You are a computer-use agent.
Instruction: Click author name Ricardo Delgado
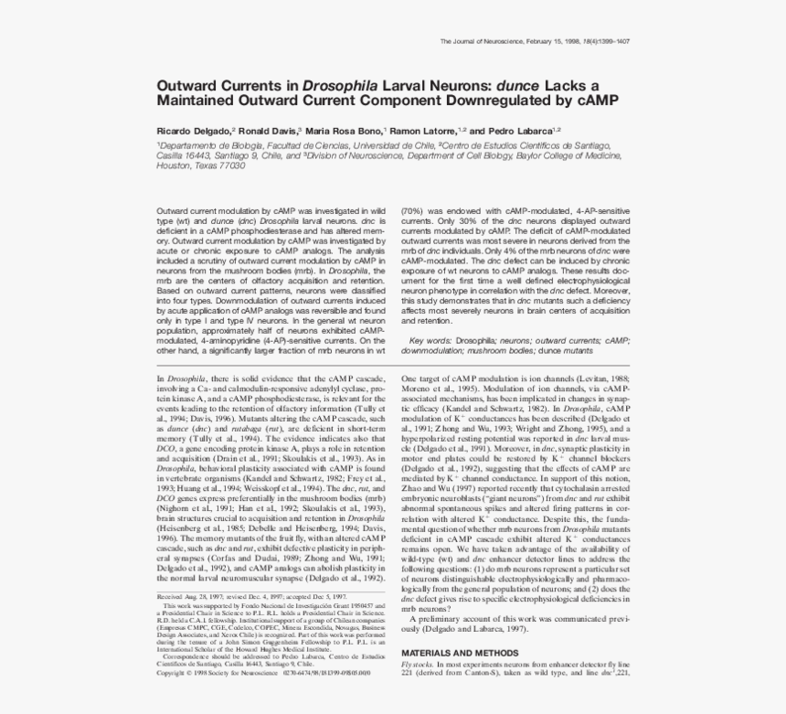pyautogui.click(x=194, y=131)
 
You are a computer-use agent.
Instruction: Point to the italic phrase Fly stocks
pyautogui.click(x=420, y=663)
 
